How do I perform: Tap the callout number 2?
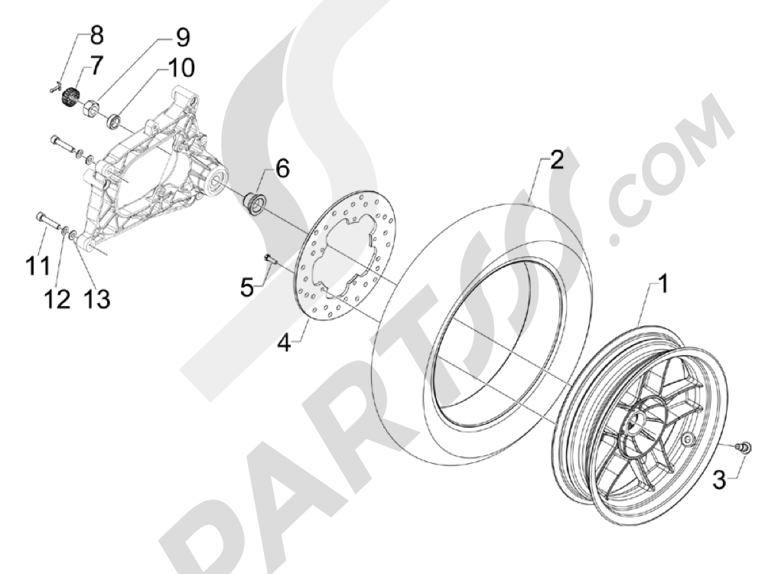pyautogui.click(x=556, y=161)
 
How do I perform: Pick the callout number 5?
pyautogui.click(x=246, y=288)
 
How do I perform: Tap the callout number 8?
pyautogui.click(x=96, y=34)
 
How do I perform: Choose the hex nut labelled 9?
pyautogui.click(x=89, y=107)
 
